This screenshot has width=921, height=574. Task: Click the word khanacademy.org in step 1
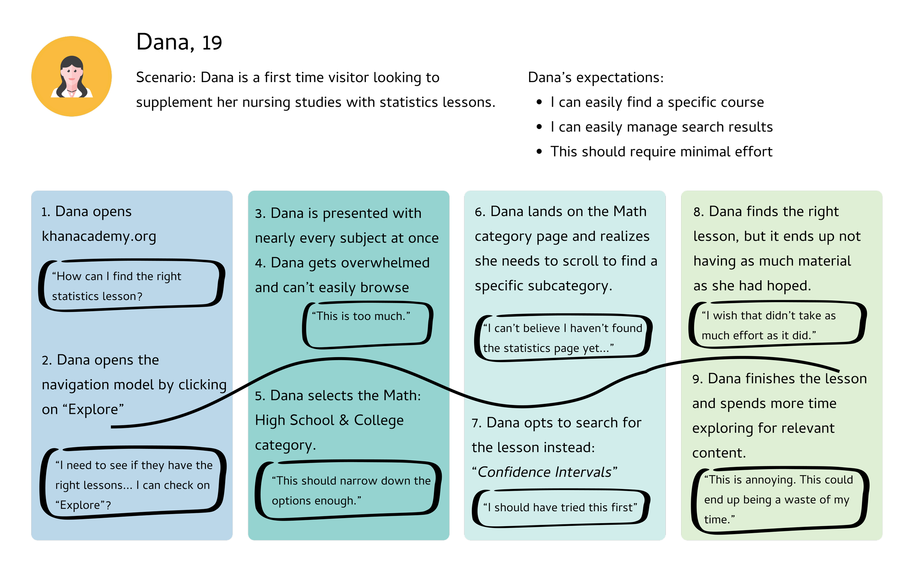99,236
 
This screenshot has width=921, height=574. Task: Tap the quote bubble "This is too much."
367,325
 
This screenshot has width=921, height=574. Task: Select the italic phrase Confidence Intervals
544,472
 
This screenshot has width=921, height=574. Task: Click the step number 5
259,396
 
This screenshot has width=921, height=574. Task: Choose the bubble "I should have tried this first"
561,508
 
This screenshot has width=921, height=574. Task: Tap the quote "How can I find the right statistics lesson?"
132,286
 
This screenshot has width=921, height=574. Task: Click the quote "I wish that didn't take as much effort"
777,325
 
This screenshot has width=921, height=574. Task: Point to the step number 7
476,423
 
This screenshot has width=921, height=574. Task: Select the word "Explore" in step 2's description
93,410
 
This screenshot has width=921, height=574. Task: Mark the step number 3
259,214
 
